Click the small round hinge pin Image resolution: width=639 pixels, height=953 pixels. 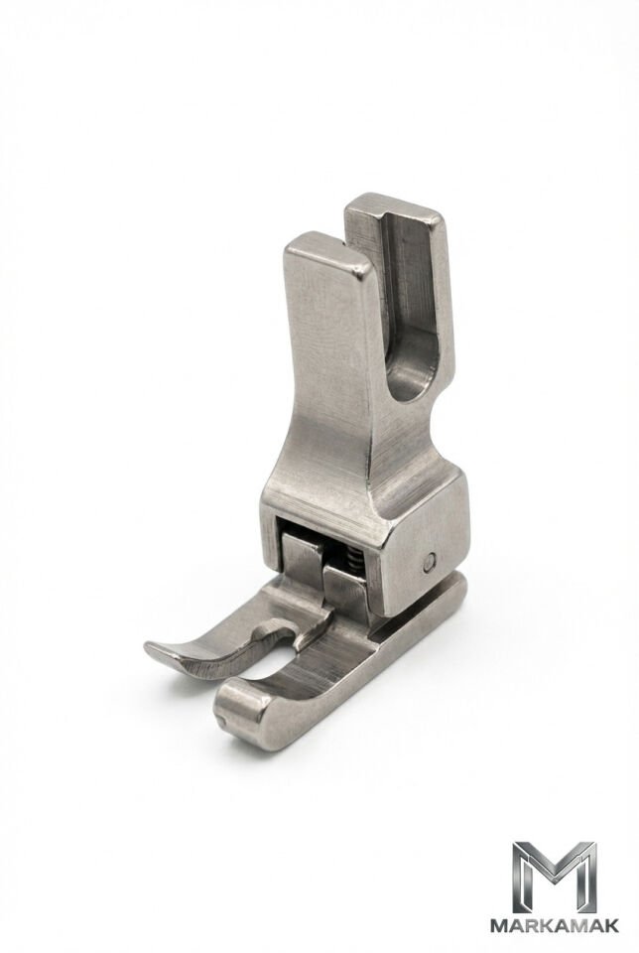click(430, 562)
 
